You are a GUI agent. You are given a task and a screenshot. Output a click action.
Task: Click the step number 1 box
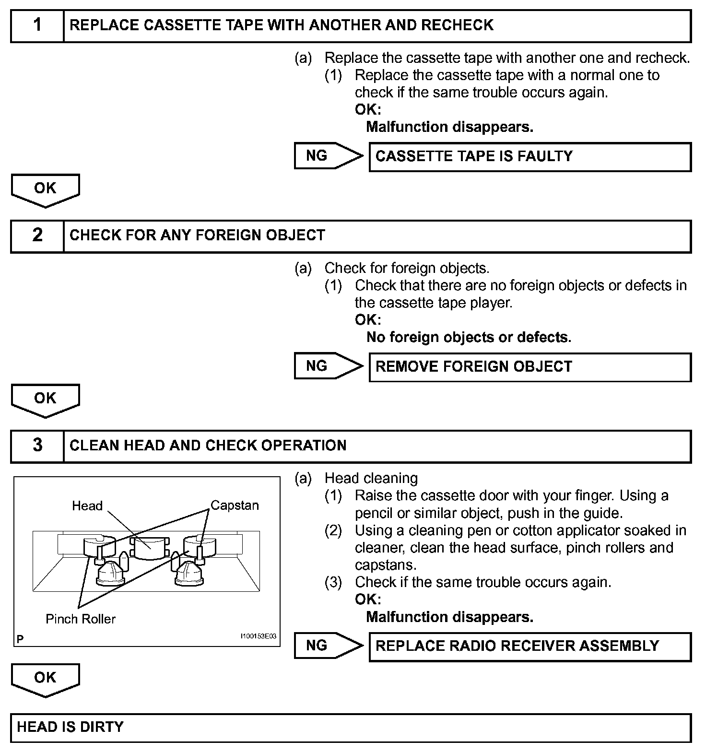pyautogui.click(x=37, y=26)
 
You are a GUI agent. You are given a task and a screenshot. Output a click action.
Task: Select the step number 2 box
pyautogui.click(x=37, y=236)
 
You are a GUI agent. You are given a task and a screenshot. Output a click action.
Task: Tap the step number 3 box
pyautogui.click(x=37, y=446)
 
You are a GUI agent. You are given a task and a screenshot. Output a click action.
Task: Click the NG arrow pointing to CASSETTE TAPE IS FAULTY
pyautogui.click(x=328, y=156)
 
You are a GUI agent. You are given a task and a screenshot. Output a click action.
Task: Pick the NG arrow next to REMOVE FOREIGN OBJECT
pyautogui.click(x=328, y=366)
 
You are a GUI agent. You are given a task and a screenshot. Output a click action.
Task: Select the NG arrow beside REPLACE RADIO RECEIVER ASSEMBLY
pyautogui.click(x=328, y=646)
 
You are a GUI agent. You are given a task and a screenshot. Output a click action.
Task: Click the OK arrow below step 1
pyautogui.click(x=45, y=190)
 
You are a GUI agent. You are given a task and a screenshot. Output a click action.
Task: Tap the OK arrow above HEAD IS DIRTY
pyautogui.click(x=45, y=680)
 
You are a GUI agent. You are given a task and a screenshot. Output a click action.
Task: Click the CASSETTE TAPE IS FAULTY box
pyautogui.click(x=530, y=157)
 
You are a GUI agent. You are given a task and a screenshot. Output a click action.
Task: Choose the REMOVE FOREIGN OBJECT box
pyautogui.click(x=530, y=367)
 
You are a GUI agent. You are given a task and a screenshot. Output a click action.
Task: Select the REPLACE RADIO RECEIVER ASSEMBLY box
pyautogui.click(x=530, y=646)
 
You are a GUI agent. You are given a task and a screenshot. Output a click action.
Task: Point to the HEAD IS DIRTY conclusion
pyautogui.click(x=351, y=728)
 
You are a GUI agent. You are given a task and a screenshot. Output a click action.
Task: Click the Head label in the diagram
pyautogui.click(x=87, y=506)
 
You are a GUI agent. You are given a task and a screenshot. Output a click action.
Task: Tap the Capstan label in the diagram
pyautogui.click(x=235, y=505)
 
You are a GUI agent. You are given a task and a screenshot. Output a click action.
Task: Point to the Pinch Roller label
pyautogui.click(x=81, y=619)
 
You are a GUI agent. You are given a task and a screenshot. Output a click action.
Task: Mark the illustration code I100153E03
pyautogui.click(x=258, y=636)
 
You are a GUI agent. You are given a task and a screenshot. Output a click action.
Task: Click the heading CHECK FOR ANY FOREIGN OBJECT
pyautogui.click(x=197, y=235)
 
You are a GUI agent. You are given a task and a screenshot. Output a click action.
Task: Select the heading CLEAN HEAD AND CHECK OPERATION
pyautogui.click(x=208, y=446)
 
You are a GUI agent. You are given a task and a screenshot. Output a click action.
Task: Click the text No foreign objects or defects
pyautogui.click(x=469, y=338)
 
